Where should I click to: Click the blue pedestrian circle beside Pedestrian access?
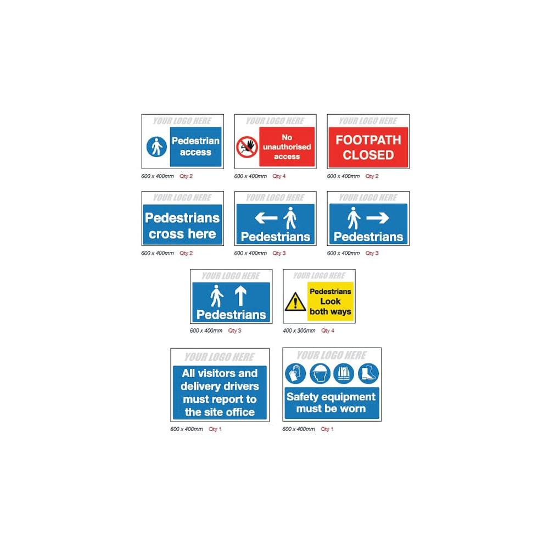point(156,147)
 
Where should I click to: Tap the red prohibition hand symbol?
point(247,147)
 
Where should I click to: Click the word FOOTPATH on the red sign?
point(368,140)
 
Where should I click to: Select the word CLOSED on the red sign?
point(368,155)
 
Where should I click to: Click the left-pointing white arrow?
point(266,218)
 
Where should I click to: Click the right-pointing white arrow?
point(378,218)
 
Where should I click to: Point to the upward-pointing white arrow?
point(240,296)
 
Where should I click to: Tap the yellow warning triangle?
point(295,302)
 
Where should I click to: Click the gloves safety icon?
point(295,373)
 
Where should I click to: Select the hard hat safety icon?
point(320,373)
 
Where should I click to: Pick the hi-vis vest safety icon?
point(344,373)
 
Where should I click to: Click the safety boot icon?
point(368,373)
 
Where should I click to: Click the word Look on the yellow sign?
point(330,301)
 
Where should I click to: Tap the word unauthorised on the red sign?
point(287,147)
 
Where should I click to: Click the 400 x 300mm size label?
point(299,330)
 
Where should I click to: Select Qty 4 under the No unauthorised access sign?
point(279,176)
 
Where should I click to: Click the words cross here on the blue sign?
point(182,234)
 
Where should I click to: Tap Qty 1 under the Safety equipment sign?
point(327,429)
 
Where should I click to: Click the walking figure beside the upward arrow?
point(217,296)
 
